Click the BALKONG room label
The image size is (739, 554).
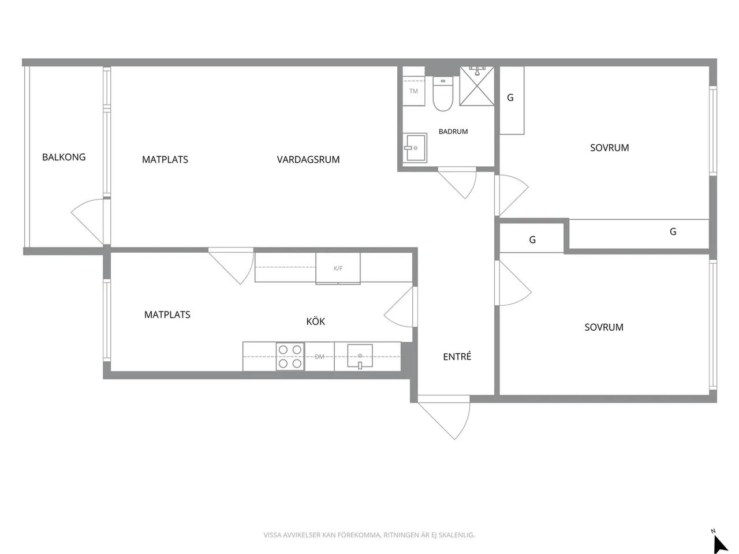click(x=64, y=157)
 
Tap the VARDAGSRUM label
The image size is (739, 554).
click(x=308, y=159)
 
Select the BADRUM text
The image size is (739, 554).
click(x=453, y=132)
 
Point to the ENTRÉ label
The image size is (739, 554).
click(x=457, y=356)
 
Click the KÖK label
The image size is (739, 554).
click(x=315, y=321)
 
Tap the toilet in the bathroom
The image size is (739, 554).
click(x=443, y=94)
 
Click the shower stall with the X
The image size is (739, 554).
click(x=477, y=86)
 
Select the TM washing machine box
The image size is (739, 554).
click(x=413, y=91)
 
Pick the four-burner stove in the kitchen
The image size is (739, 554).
click(x=290, y=357)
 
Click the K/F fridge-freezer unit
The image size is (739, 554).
click(x=338, y=268)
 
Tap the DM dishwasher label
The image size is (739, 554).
click(x=319, y=357)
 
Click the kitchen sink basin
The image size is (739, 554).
click(x=360, y=356)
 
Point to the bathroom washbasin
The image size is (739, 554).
click(x=415, y=148)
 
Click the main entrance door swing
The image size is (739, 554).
click(x=443, y=417)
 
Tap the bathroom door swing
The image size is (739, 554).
click(x=457, y=183)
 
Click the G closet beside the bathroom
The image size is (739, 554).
click(x=512, y=100)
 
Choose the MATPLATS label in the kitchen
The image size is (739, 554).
click(x=167, y=315)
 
